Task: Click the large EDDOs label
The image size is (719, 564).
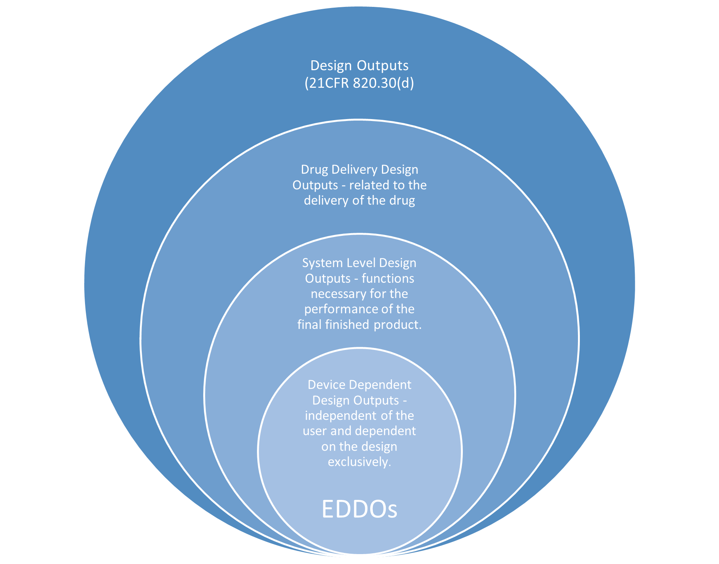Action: point(359,509)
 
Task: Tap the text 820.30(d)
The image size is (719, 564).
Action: point(383,83)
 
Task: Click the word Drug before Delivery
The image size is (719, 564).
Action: point(314,169)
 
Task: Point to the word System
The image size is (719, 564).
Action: point(323,263)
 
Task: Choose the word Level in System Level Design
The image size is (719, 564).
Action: point(361,263)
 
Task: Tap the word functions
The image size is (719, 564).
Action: point(388,279)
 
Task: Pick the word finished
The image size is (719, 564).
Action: point(347,325)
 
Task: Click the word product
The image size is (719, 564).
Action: point(398,325)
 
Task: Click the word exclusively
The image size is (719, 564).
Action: point(359,462)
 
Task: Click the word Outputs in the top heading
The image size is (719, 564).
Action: point(383,66)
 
